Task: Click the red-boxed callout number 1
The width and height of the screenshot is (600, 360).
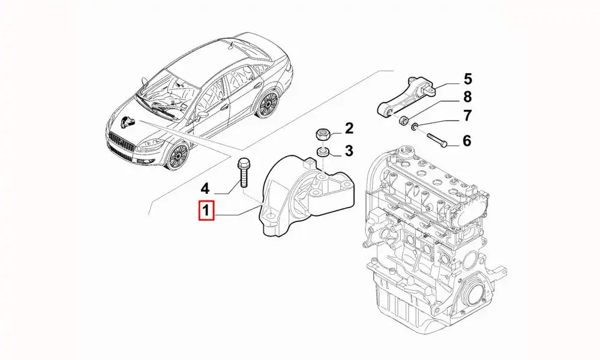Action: [206, 211]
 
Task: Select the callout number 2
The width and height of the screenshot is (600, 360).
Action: [349, 128]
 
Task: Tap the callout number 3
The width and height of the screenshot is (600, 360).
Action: [349, 150]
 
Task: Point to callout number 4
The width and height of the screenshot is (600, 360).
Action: [205, 188]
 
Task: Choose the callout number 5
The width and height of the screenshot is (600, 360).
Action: [467, 78]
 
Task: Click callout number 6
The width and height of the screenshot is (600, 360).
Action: [467, 142]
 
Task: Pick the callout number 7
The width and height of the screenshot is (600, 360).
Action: [467, 116]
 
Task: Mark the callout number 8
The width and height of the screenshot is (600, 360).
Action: [467, 97]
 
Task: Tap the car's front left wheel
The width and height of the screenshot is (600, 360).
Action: [176, 157]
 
